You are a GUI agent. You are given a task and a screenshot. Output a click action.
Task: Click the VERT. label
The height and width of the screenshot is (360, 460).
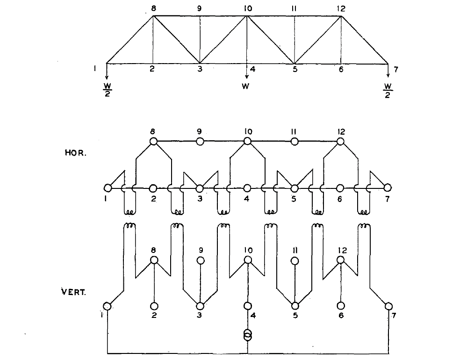click(x=74, y=292)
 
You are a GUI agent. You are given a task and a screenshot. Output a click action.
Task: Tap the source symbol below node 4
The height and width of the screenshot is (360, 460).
click(x=248, y=335)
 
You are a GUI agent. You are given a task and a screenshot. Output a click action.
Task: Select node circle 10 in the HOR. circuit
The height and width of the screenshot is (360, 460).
click(x=247, y=141)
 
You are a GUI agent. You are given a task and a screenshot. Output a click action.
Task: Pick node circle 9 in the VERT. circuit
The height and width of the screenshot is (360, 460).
click(x=201, y=260)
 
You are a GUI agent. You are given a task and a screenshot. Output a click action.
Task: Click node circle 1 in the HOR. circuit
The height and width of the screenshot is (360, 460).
click(x=108, y=188)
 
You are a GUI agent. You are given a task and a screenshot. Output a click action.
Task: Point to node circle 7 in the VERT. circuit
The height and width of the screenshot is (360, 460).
click(x=388, y=306)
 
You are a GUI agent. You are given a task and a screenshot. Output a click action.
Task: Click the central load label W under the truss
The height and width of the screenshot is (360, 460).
click(x=245, y=86)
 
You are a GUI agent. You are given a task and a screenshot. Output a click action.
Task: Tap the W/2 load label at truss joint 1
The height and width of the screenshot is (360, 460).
click(x=108, y=90)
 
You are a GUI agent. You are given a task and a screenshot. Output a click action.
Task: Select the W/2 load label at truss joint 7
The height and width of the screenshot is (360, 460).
click(x=388, y=91)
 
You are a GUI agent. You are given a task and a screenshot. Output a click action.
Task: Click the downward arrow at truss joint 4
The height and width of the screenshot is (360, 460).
click(x=247, y=71)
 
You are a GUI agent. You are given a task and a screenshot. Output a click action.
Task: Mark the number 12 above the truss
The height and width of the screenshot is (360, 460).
click(x=341, y=8)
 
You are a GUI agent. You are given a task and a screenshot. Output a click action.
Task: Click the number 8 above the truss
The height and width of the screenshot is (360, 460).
click(x=153, y=8)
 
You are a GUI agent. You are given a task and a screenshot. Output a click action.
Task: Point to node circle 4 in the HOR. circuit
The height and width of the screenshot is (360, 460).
click(x=247, y=188)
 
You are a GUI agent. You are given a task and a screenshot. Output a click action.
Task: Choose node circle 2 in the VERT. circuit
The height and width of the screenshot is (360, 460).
click(x=154, y=306)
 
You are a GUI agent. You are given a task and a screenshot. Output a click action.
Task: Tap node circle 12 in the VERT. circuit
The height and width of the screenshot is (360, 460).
click(x=340, y=260)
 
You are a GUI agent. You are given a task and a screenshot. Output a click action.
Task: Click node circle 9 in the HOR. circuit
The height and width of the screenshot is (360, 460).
click(x=200, y=141)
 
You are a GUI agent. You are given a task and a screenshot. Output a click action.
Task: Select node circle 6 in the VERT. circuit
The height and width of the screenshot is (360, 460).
click(x=341, y=306)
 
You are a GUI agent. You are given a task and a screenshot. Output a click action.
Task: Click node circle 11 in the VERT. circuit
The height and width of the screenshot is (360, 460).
click(x=295, y=261)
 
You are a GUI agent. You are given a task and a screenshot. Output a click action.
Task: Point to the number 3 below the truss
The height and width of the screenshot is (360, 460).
click(x=200, y=69)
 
